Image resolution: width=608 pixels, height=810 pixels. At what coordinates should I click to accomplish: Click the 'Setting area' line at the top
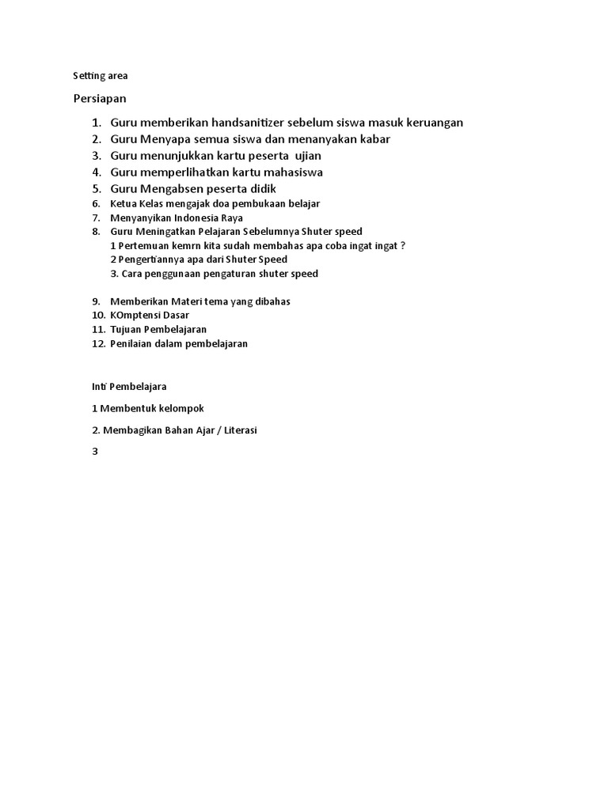coord(100,76)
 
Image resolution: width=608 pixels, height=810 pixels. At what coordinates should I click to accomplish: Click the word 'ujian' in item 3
coord(308,155)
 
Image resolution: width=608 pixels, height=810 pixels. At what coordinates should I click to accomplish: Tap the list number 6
coord(96,204)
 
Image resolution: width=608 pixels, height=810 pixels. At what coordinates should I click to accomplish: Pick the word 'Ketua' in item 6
coord(125,204)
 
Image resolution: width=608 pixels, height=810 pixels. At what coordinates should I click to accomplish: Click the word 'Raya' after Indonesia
coord(232,218)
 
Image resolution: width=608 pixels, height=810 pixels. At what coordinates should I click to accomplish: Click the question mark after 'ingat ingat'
coord(403,245)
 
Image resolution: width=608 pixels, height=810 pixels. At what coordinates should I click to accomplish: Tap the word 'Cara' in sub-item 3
coord(132,274)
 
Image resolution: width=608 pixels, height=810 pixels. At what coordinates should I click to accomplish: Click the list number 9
coord(96,301)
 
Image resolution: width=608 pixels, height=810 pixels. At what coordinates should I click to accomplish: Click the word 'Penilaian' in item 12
coord(131,343)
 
